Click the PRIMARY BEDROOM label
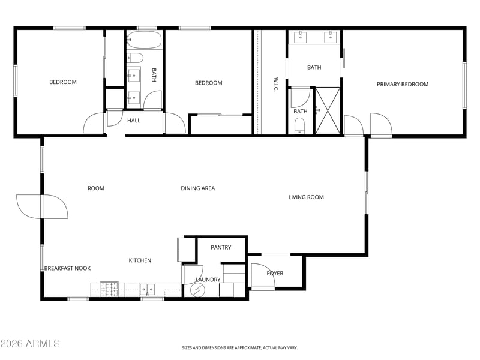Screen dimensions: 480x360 pyautogui.click(x=402, y=84)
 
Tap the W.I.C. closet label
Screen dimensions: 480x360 pyautogui.click(x=276, y=84)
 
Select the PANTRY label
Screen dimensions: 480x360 pyautogui.click(x=221, y=247)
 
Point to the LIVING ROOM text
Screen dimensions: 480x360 pyautogui.click(x=306, y=197)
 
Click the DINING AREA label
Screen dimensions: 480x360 pyautogui.click(x=198, y=188)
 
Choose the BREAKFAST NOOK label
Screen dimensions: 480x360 pyautogui.click(x=68, y=268)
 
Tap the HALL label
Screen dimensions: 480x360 pyautogui.click(x=134, y=121)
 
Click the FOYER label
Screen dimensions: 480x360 pyautogui.click(x=275, y=274)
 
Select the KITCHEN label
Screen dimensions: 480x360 pyautogui.click(x=140, y=260)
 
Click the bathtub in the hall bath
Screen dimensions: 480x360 pyautogui.click(x=144, y=40)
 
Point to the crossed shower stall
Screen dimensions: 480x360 pyautogui.click(x=328, y=110)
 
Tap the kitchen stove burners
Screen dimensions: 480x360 pyautogui.click(x=109, y=290)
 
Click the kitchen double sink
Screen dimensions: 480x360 pyautogui.click(x=147, y=290)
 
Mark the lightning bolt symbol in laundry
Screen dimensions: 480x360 pyautogui.click(x=196, y=290)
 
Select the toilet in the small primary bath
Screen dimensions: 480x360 pyautogui.click(x=299, y=127)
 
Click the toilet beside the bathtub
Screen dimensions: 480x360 pyautogui.click(x=135, y=58)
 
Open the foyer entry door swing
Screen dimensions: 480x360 pyautogui.click(x=263, y=275)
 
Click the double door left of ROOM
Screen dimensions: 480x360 pyautogui.click(x=42, y=206)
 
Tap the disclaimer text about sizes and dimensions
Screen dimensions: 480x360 pyautogui.click(x=239, y=348)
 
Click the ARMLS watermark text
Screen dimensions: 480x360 pyautogui.click(x=30, y=343)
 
